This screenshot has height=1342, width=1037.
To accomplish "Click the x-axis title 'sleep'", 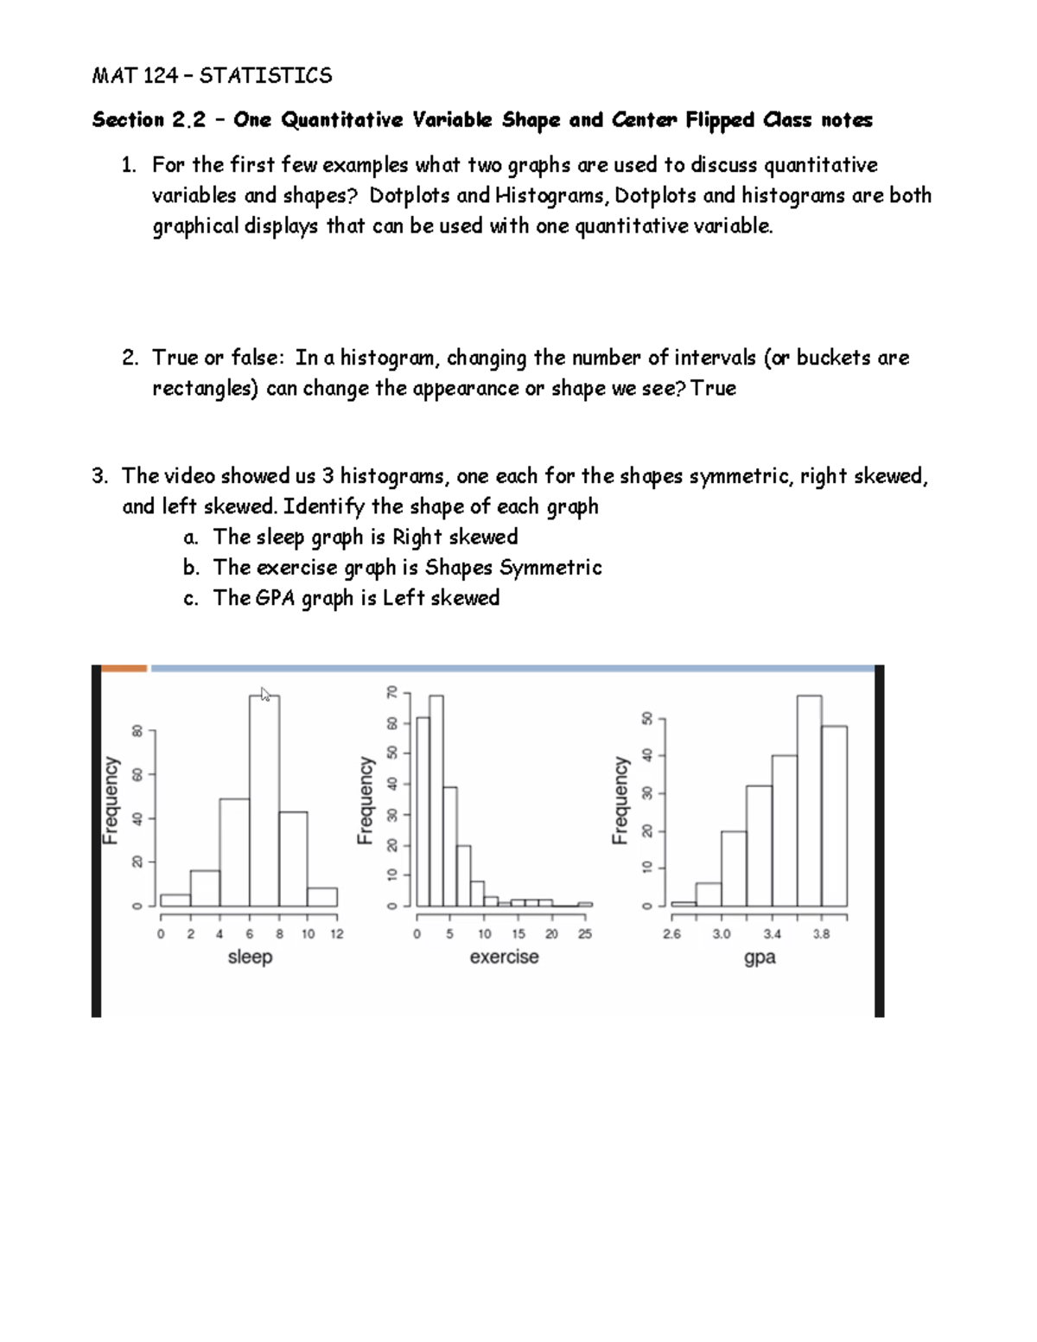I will tap(250, 957).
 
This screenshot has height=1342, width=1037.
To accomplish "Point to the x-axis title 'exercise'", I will tap(504, 957).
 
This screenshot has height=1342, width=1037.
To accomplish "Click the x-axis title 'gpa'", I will tap(760, 957).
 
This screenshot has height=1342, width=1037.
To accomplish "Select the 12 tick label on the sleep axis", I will tap(337, 934).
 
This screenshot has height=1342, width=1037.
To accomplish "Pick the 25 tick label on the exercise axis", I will tap(585, 934).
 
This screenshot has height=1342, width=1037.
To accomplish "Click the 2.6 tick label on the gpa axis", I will tap(671, 934).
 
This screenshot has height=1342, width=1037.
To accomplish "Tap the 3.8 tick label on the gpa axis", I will tap(821, 934).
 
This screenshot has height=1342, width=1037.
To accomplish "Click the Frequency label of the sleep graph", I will tap(111, 799).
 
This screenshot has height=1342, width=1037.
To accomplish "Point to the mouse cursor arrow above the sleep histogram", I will tap(265, 694).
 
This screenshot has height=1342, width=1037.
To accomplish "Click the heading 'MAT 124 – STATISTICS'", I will tap(212, 76).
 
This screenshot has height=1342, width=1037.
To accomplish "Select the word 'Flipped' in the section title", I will tap(720, 120).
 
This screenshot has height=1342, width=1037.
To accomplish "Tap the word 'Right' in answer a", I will tap(417, 537).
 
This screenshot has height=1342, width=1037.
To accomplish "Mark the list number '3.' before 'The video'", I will tap(100, 476).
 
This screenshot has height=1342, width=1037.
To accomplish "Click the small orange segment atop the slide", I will tap(124, 668).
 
